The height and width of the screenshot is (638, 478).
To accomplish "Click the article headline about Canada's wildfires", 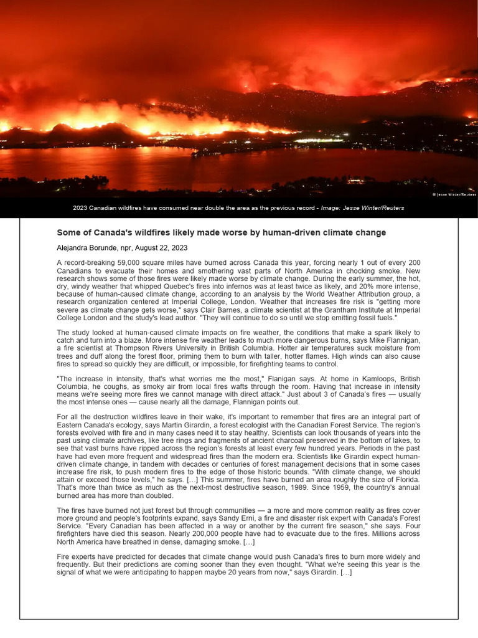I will point(221,232).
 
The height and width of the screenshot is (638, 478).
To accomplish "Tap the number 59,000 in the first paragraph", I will point(121,264).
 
